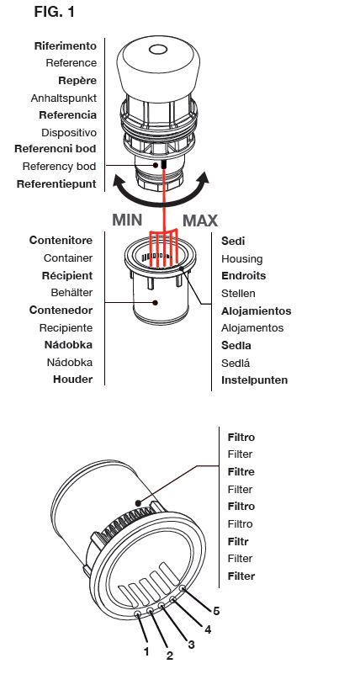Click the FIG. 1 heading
[x=54, y=12]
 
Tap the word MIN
[x=127, y=220]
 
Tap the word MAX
[x=200, y=220]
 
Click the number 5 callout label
[x=216, y=611]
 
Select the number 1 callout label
[x=146, y=651]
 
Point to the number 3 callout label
[x=191, y=644]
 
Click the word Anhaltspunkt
[x=64, y=98]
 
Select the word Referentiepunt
[x=56, y=184]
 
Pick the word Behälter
[x=71, y=292]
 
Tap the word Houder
[x=73, y=380]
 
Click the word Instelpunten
[x=254, y=380]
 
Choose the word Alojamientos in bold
[x=256, y=311]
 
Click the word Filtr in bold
[x=238, y=542]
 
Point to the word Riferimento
[x=66, y=46]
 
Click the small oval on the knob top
[x=158, y=50]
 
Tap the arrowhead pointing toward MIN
[x=120, y=180]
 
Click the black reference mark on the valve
[x=164, y=164]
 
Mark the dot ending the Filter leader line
[x=139, y=503]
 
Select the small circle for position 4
[x=172, y=599]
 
